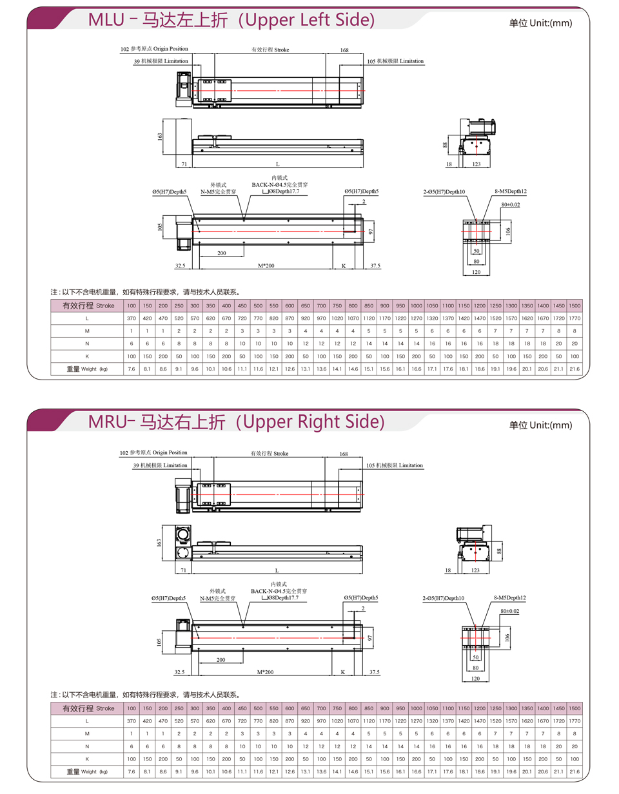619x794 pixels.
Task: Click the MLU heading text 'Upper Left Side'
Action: coord(310,20)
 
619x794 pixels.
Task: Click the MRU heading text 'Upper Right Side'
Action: coord(313,422)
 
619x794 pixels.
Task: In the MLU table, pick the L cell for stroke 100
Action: coord(132,318)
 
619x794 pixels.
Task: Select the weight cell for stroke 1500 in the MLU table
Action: coord(575,369)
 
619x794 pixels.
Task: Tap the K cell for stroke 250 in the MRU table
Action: coord(179,759)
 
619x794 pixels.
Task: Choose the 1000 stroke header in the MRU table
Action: coord(416,708)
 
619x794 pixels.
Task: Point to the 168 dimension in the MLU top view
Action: coord(344,50)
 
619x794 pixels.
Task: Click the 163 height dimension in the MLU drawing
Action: coord(160,136)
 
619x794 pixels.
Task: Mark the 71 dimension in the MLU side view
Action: coord(184,164)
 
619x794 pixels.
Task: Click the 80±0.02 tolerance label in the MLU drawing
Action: coord(510,204)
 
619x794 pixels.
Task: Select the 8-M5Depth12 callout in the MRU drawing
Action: coord(510,598)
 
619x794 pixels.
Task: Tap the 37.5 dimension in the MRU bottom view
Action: coord(374,672)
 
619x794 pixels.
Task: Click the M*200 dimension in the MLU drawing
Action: coord(266,266)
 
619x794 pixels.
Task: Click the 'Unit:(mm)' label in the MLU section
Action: coord(551,23)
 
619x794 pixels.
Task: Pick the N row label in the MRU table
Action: coord(87,746)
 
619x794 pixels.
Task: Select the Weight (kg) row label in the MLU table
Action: coord(87,369)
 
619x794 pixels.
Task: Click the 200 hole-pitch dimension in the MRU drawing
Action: coord(221,660)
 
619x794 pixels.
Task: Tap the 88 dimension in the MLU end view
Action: coord(445,145)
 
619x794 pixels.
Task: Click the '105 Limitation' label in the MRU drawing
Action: coord(394,465)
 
